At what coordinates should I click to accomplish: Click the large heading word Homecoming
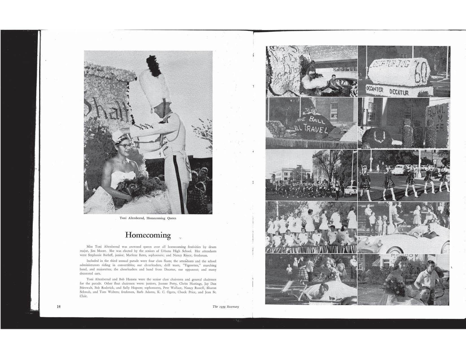[148, 235]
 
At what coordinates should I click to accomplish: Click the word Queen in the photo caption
[172, 218]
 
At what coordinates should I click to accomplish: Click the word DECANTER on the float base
[374, 90]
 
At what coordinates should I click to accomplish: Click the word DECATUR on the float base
[399, 92]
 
